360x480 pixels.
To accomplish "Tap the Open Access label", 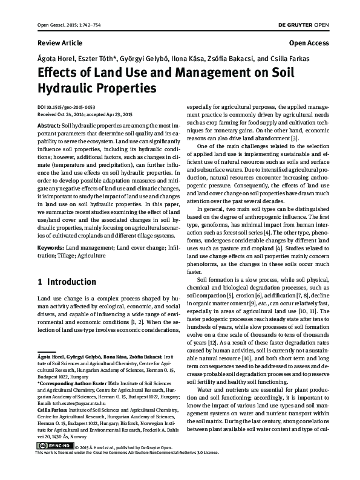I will tap(309, 44).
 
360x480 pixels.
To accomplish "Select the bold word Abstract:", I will tap(49, 123).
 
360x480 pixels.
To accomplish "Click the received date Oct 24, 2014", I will tap(73, 113).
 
